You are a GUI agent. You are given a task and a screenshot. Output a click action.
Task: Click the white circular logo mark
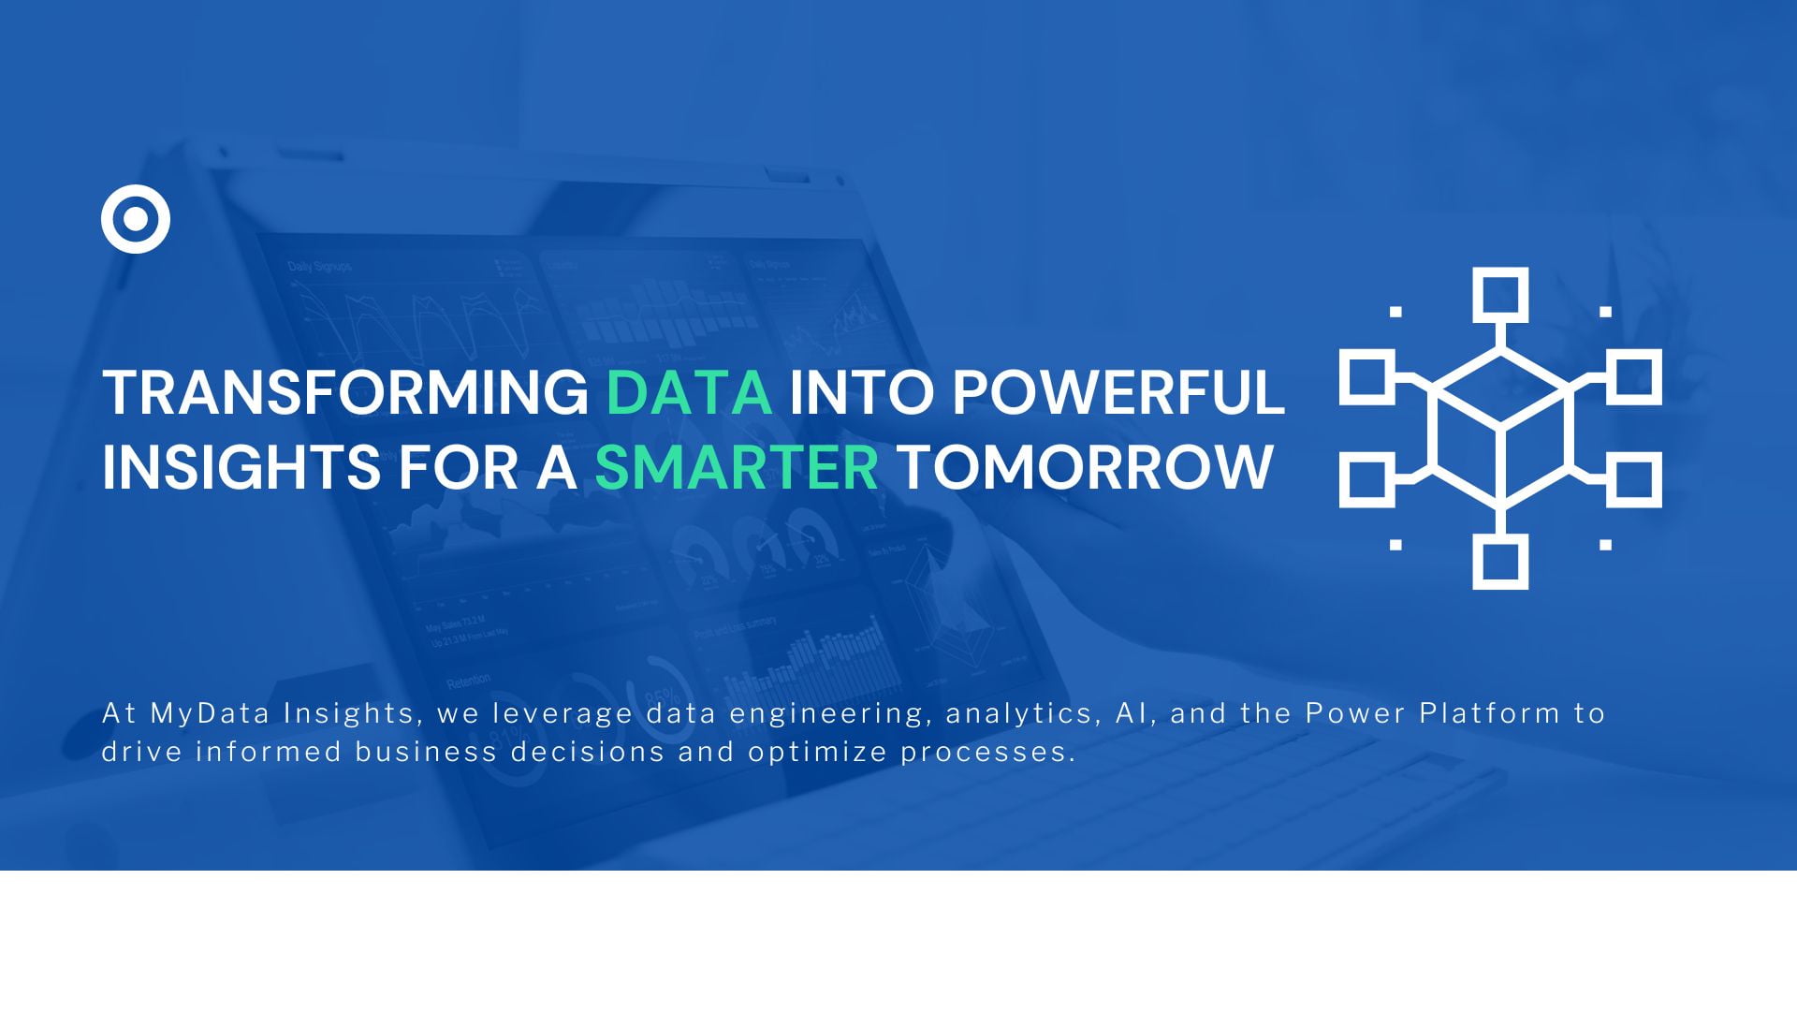coord(136,219)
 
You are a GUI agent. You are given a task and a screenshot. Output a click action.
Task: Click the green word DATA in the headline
coord(689,392)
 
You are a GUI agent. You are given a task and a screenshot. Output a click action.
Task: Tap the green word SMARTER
coord(737,467)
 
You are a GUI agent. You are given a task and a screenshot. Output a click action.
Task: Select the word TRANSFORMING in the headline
coord(345,392)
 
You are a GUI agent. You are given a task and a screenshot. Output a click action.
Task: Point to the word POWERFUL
coord(1118,392)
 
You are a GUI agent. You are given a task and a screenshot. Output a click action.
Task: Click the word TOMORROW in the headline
coord(1085,467)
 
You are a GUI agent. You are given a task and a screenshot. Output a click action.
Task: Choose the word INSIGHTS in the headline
coord(241,467)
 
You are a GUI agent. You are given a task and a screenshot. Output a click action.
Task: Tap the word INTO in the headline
coord(861,392)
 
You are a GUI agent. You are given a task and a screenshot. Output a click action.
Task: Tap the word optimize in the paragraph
coord(817,752)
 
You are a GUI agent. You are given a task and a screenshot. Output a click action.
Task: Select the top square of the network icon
coord(1500,295)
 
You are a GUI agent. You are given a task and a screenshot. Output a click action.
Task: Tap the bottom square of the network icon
coord(1500,562)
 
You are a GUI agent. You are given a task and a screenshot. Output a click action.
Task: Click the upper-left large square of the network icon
coord(1366,377)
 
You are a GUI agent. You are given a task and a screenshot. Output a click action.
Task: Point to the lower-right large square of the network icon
coord(1634,479)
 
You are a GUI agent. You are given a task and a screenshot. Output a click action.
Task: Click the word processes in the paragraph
coord(987,753)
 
